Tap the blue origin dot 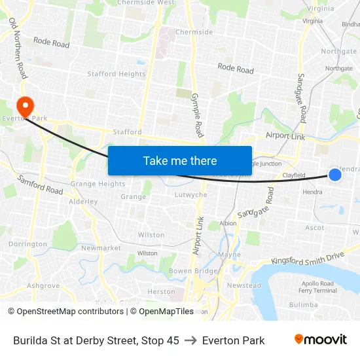point(334,174)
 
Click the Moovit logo point(321,340)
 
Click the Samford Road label point(40,185)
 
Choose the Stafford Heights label point(117,74)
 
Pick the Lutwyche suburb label point(191,194)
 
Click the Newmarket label point(101,248)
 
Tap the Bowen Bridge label point(193,270)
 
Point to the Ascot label point(314,228)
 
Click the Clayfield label point(294,175)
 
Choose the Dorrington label point(27,243)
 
